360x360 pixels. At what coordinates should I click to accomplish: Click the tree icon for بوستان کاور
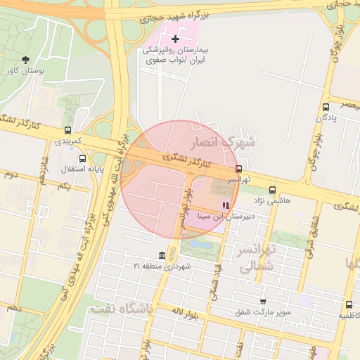tap(26, 60)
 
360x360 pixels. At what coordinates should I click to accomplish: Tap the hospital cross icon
tap(175, 38)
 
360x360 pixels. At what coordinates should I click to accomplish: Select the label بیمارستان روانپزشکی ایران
tap(175, 56)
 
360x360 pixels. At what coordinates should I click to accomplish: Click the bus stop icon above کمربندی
tap(67, 130)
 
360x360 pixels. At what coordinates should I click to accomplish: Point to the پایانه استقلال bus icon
tap(82, 158)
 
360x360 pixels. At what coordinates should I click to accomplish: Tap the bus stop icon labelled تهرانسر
tap(239, 169)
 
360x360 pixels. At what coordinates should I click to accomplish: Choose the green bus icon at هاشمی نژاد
tap(272, 190)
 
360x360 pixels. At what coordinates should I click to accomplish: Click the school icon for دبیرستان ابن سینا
tap(225, 206)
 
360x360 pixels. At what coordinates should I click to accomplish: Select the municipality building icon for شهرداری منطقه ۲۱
tap(162, 255)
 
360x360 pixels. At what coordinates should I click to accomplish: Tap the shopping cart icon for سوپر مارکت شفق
tap(263, 301)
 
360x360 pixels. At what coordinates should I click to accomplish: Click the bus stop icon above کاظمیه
tap(349, 305)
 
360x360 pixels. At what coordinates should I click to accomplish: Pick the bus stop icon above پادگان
tap(325, 107)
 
